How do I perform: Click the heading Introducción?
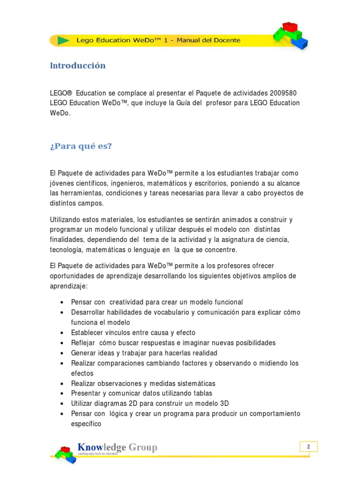pyautogui.click(x=78, y=66)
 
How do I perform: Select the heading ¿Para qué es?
pyautogui.click(x=81, y=146)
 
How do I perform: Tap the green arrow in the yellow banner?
pyautogui.click(x=63, y=40)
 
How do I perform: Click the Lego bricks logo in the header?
pyautogui.click(x=290, y=36)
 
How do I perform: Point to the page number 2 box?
pyautogui.click(x=308, y=447)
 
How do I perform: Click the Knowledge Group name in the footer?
pyautogui.click(x=117, y=447)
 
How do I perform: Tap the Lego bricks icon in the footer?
pyautogui.click(x=65, y=454)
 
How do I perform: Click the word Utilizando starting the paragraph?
pyautogui.click(x=67, y=219)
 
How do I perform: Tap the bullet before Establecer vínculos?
pyautogui.click(x=62, y=333)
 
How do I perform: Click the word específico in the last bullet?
pyautogui.click(x=86, y=424)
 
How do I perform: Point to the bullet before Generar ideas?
pyautogui.click(x=62, y=353)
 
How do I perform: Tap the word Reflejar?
pyautogui.click(x=83, y=343)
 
